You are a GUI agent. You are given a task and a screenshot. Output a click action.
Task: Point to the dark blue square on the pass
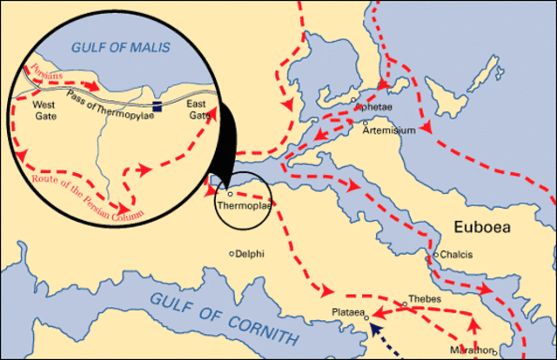click(157, 107)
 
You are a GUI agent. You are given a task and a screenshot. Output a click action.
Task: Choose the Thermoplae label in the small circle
click(239, 206)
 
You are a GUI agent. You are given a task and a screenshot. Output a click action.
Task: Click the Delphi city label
click(251, 254)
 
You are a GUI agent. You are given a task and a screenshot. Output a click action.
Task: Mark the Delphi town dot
click(232, 254)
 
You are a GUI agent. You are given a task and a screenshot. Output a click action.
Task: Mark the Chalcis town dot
click(435, 258)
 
